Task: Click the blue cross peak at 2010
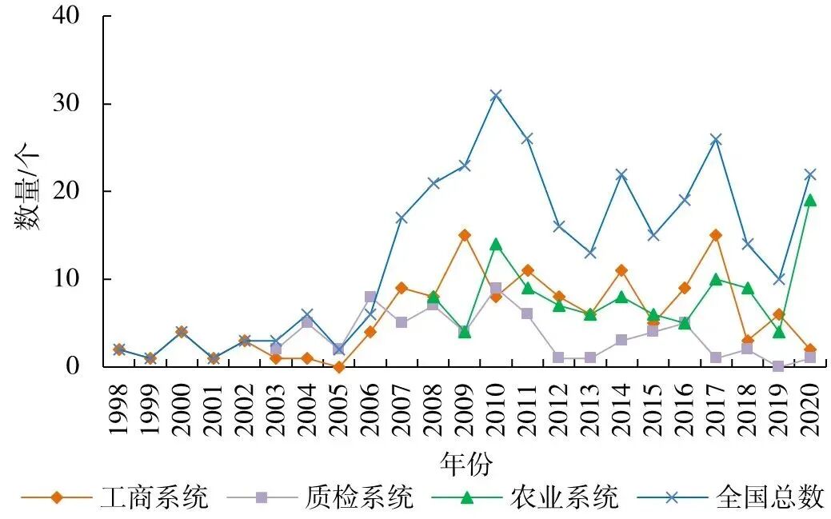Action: click(x=496, y=95)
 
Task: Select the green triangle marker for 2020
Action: click(x=809, y=200)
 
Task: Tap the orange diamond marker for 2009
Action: click(x=464, y=235)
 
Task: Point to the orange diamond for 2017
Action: click(x=716, y=235)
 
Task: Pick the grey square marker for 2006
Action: click(x=370, y=297)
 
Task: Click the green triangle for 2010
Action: click(x=496, y=244)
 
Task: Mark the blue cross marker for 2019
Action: click(x=778, y=279)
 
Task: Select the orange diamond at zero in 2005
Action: click(x=338, y=367)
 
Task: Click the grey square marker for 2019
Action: click(x=778, y=366)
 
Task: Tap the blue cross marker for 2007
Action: click(x=402, y=218)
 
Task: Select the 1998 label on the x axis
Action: click(x=119, y=409)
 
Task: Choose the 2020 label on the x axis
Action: click(x=809, y=409)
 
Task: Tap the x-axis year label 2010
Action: click(x=496, y=409)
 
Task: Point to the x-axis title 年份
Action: click(x=465, y=462)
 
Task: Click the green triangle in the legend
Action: click(x=467, y=497)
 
